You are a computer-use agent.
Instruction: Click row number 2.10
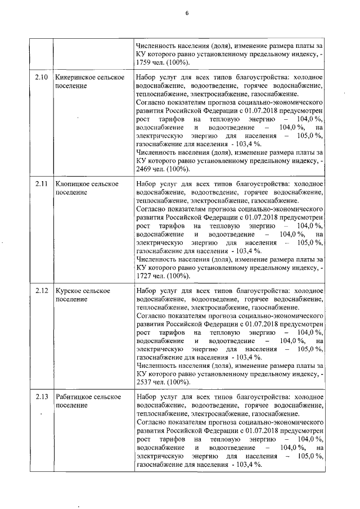coord(41,76)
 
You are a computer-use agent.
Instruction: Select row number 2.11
coord(41,184)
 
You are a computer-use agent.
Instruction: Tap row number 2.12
coord(41,291)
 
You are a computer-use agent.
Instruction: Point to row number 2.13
coord(41,397)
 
